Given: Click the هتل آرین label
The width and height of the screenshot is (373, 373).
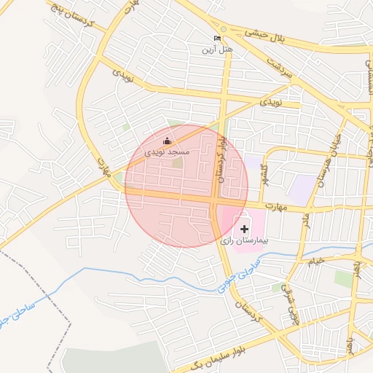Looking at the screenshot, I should coord(217,49).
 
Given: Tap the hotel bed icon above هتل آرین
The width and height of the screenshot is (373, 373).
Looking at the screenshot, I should coord(217,38).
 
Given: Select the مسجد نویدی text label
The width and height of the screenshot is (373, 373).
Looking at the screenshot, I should coord(167,152).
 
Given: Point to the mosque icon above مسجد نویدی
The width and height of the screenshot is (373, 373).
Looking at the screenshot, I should coord(167,141).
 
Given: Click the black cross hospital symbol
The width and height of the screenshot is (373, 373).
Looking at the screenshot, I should coord(244,229).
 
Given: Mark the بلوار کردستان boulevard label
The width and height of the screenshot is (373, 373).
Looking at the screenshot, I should coord(219,160).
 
